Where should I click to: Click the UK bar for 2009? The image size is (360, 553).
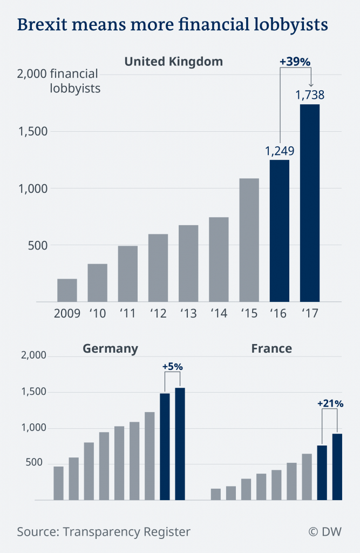(x=67, y=291)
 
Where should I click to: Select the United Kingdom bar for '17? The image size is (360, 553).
(x=310, y=203)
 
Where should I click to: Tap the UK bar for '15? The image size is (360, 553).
(x=249, y=240)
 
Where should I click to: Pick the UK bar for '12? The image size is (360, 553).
(x=158, y=268)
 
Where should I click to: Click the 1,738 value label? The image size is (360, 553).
(x=310, y=95)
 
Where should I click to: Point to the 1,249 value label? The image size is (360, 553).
(x=280, y=151)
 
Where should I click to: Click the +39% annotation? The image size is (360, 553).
(x=295, y=62)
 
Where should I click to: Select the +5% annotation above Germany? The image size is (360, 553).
(x=173, y=367)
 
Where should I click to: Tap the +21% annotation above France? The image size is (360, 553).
(x=330, y=403)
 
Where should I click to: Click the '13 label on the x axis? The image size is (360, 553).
(x=188, y=313)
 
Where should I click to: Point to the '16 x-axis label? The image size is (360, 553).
(x=280, y=313)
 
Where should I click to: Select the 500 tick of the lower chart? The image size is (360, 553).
(x=36, y=464)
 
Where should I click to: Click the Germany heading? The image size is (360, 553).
(x=110, y=348)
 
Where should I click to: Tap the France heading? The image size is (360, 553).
(x=271, y=348)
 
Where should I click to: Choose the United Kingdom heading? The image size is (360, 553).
(x=173, y=61)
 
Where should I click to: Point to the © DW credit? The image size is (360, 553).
(x=325, y=532)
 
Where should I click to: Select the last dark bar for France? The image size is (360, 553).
(x=337, y=467)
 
